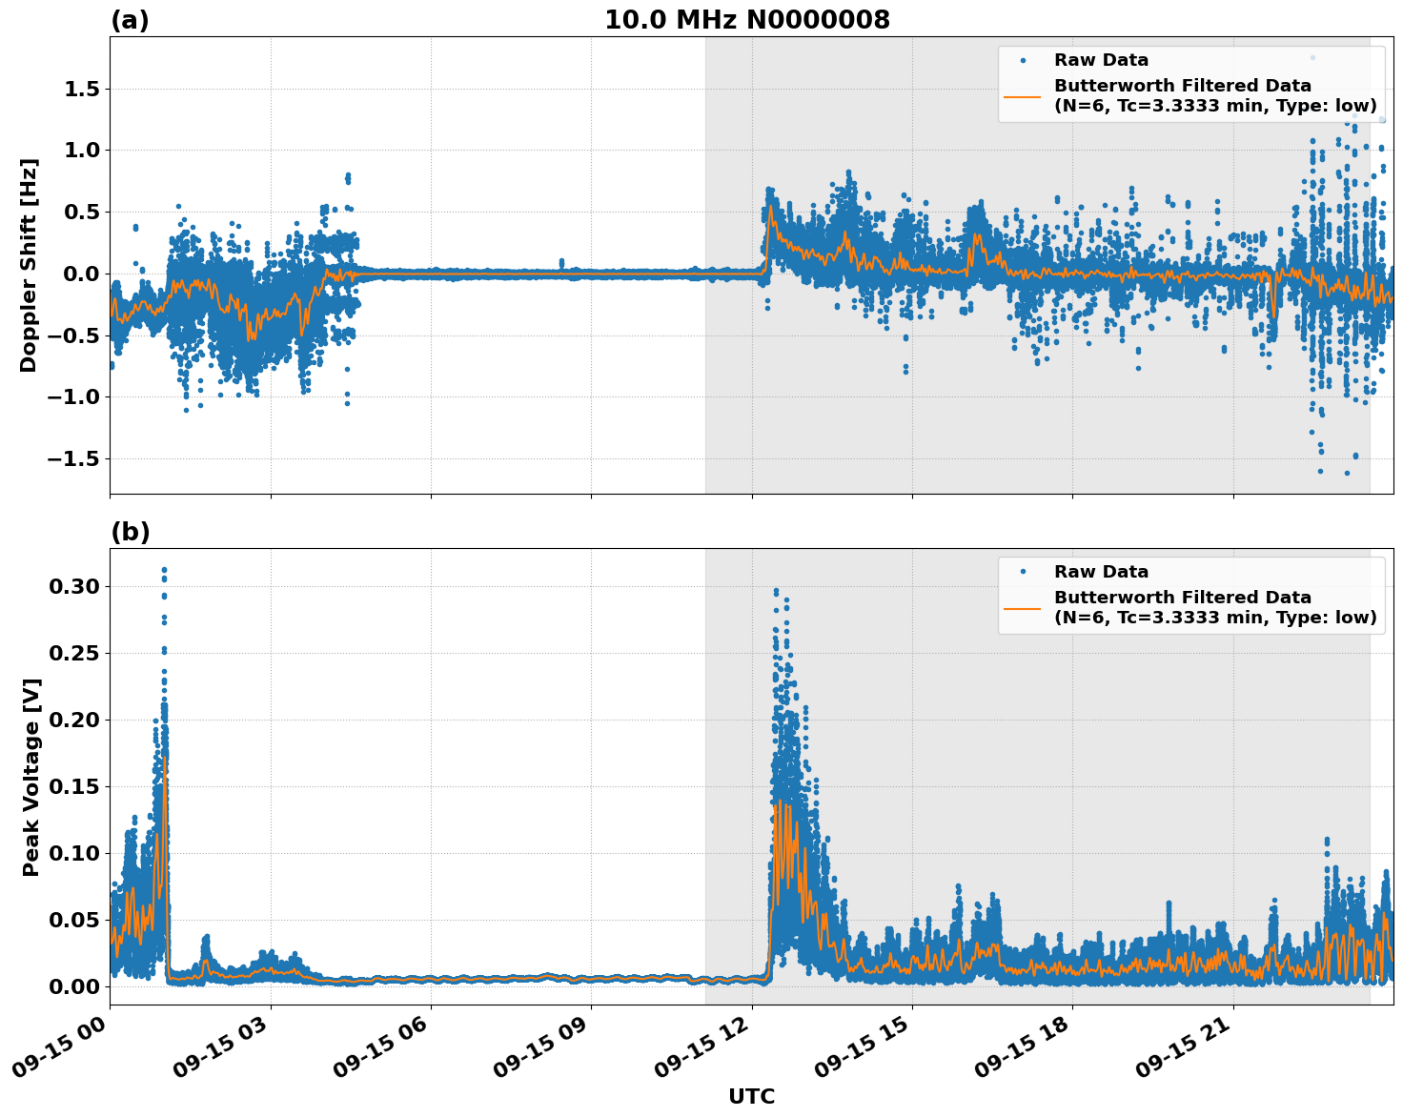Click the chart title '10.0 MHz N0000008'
click(x=746, y=20)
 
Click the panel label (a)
click(x=130, y=20)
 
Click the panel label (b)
click(x=130, y=532)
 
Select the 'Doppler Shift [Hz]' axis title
click(x=29, y=265)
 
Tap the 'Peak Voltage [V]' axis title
click(x=31, y=777)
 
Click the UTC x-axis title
click(x=751, y=1096)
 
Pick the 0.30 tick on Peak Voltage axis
click(x=74, y=586)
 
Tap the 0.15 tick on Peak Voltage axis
click(x=74, y=786)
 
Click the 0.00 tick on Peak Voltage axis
click(x=74, y=986)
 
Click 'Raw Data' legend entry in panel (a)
click(x=1101, y=60)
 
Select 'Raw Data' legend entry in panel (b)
click(x=1101, y=572)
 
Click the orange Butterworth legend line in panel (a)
click(x=1022, y=96)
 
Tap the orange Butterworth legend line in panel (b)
click(x=1022, y=608)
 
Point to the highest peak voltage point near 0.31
click(x=164, y=570)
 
